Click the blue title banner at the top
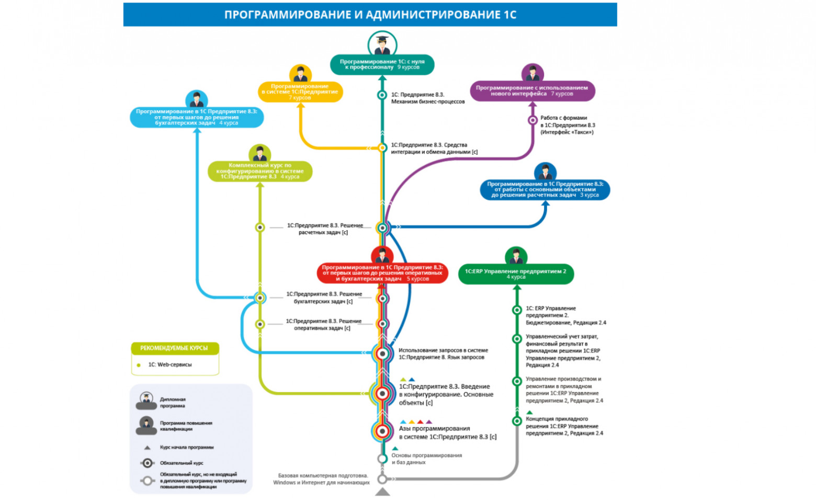pyautogui.click(x=370, y=15)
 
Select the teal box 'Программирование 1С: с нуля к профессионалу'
pyautogui.click(x=382, y=64)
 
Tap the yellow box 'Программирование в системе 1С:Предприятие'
pyautogui.click(x=300, y=92)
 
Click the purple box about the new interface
pyautogui.click(x=532, y=91)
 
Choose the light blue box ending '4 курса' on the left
pyautogui.click(x=197, y=117)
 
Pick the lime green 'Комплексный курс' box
pyautogui.click(x=260, y=171)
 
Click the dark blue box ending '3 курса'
pyautogui.click(x=545, y=189)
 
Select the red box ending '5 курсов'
pyautogui.click(x=382, y=273)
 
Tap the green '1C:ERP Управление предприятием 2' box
pyautogui.click(x=516, y=273)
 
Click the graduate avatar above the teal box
pyautogui.click(x=382, y=44)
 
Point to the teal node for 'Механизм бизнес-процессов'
pyautogui.click(x=382, y=95)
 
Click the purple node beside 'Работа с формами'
pyautogui.click(x=532, y=120)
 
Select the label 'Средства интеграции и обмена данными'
pyautogui.click(x=434, y=149)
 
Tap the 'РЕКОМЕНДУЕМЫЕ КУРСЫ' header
pyautogui.click(x=174, y=348)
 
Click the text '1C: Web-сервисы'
pyautogui.click(x=170, y=364)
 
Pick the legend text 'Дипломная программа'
pyautogui.click(x=173, y=402)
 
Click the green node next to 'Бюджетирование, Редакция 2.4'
pyautogui.click(x=517, y=310)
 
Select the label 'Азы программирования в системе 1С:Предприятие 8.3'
pyautogui.click(x=447, y=432)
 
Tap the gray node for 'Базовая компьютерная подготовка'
pyautogui.click(x=382, y=479)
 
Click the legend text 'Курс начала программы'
pyautogui.click(x=186, y=447)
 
